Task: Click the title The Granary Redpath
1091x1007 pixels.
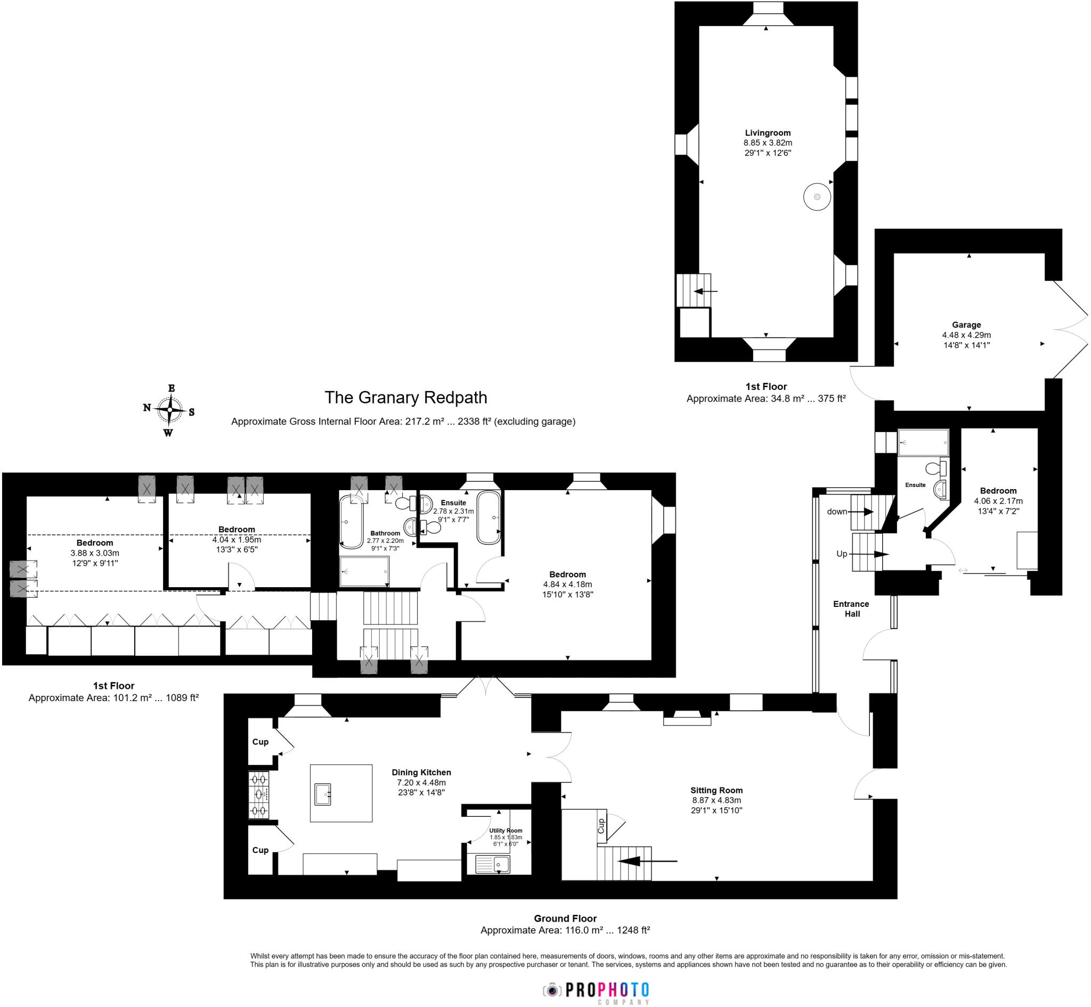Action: tap(406, 398)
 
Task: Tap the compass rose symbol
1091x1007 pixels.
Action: tap(170, 410)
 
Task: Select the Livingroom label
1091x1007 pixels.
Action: tap(768, 133)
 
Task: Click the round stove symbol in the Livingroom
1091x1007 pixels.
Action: tap(817, 197)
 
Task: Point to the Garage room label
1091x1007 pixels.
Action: tap(966, 325)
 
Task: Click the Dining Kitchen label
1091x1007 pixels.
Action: tap(421, 773)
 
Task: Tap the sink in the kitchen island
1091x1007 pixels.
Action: tap(323, 794)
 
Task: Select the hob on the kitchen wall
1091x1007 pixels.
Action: tap(259, 795)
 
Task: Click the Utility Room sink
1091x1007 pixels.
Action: tap(493, 865)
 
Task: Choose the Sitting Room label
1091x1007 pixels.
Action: tap(717, 791)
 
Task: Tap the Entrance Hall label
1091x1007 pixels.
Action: tap(851, 608)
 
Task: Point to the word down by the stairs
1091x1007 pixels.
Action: tap(837, 511)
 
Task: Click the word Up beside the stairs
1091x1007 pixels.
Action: tap(842, 554)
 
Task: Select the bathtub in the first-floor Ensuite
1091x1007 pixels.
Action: tap(488, 518)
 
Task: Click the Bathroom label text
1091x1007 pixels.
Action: tap(385, 533)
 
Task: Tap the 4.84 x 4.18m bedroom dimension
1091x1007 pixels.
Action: tap(567, 584)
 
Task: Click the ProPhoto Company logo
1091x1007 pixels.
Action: tap(596, 990)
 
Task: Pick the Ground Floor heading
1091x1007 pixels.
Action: tap(565, 919)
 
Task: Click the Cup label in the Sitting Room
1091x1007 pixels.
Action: tap(601, 826)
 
